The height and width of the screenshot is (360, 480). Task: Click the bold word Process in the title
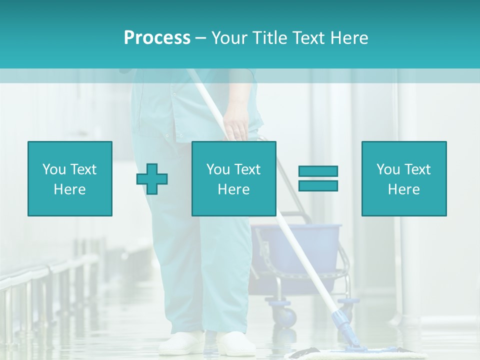click(157, 38)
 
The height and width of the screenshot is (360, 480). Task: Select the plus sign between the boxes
click(152, 178)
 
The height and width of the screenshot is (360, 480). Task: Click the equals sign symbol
click(318, 178)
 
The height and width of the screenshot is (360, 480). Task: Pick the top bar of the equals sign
click(318, 171)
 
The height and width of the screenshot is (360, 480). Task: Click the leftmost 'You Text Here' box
click(70, 178)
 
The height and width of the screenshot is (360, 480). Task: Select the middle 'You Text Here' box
click(233, 178)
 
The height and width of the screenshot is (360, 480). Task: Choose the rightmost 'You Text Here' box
click(404, 178)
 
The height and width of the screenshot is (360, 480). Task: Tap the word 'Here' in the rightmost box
click(404, 189)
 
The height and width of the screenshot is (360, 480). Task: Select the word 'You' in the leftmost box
click(53, 169)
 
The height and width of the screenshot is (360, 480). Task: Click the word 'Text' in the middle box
click(247, 169)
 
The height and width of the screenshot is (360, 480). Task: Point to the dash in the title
click(200, 38)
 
